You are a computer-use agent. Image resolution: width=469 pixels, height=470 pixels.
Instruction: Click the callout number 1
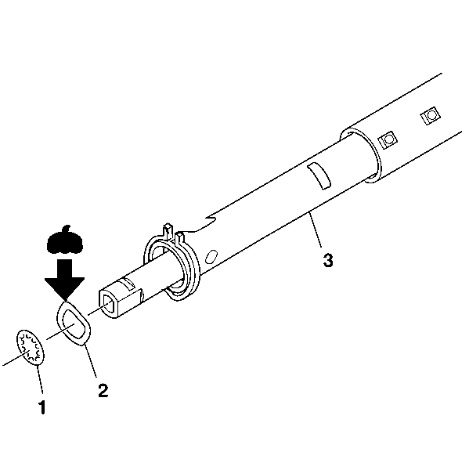42,407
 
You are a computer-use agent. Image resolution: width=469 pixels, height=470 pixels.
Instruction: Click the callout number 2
103,390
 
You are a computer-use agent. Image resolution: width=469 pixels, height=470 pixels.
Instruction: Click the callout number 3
328,260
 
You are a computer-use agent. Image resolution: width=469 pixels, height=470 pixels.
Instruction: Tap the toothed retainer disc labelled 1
31,348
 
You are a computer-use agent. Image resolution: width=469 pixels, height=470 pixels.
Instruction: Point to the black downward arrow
65,280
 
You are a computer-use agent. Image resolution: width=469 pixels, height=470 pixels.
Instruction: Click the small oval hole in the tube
211,257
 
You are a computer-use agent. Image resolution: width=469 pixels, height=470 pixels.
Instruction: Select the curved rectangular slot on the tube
319,176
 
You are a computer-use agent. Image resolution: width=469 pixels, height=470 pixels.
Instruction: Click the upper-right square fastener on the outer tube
431,115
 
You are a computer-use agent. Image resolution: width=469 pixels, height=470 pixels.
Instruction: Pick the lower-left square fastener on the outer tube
388,140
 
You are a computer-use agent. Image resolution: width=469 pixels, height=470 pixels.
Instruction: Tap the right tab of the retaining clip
179,239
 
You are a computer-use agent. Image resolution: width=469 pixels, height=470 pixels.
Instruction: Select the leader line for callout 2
91,360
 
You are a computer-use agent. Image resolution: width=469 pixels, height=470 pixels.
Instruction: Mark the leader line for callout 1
40,379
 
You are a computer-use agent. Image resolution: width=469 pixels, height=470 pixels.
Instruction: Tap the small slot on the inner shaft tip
129,283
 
